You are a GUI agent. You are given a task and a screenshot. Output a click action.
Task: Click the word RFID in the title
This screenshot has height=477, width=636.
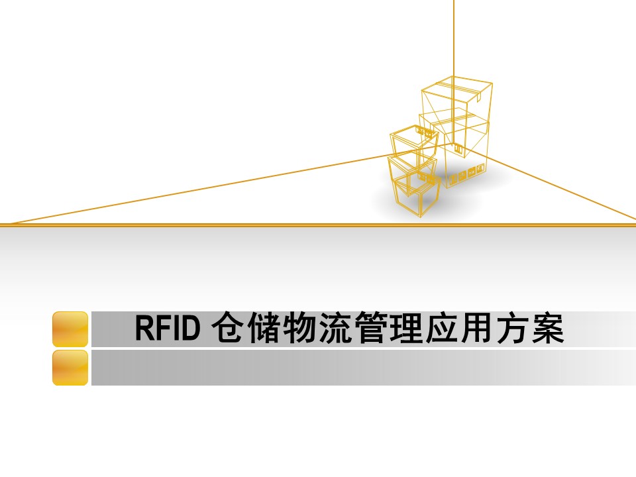[167, 329]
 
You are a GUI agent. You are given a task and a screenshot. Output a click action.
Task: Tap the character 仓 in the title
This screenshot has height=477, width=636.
[227, 329]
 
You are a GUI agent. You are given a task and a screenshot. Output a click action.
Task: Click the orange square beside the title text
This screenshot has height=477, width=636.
[70, 329]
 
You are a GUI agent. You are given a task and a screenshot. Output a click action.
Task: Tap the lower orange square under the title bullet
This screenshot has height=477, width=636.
[70, 368]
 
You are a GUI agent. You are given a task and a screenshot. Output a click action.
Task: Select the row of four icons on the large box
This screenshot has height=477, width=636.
[467, 174]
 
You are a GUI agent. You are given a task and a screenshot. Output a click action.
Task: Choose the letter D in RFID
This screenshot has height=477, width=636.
[191, 329]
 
